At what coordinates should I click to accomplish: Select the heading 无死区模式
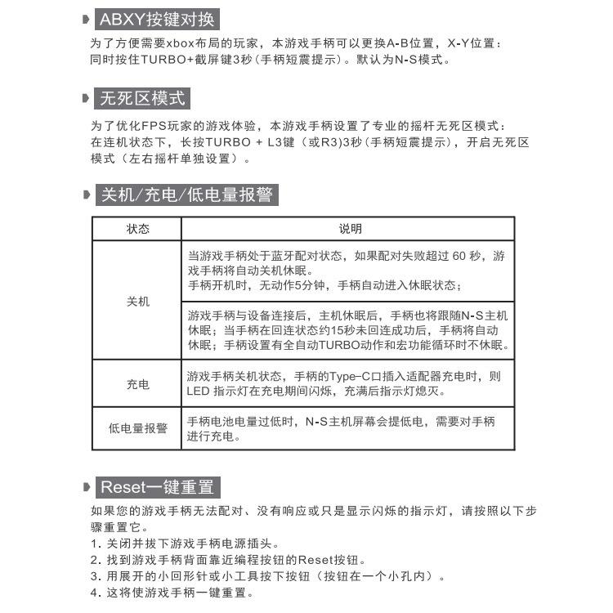point(142,99)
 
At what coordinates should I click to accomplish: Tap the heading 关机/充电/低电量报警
point(186,195)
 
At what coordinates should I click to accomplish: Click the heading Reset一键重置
point(157,487)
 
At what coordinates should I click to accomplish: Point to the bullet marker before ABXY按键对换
point(87,20)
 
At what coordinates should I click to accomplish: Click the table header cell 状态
point(137,229)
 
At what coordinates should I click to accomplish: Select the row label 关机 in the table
point(137,301)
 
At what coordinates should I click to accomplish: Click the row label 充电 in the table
point(137,383)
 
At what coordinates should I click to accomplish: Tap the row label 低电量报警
point(137,428)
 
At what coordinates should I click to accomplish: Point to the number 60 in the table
point(463,256)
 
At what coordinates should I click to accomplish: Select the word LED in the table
point(199,392)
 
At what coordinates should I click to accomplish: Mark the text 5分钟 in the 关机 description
point(303,285)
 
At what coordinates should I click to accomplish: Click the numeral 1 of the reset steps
point(92,544)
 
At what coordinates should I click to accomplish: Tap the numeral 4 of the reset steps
point(92,593)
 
